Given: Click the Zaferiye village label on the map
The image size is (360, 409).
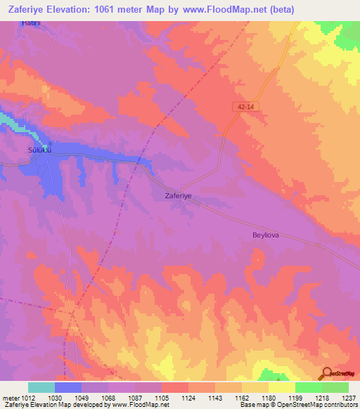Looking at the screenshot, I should pos(178,197).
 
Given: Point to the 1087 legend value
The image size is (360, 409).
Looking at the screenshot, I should pos(137,398).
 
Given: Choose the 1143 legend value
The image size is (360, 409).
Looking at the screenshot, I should pos(217,398).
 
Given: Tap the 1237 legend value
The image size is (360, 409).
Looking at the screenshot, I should pos(348,398).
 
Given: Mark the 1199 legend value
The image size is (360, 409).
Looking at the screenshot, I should pos(295,398).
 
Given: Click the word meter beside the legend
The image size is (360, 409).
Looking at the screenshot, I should pos(10,398).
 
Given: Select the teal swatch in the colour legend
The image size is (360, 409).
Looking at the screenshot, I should pos(41,387).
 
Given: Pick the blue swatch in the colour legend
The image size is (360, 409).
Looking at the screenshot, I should pos(68,387).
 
